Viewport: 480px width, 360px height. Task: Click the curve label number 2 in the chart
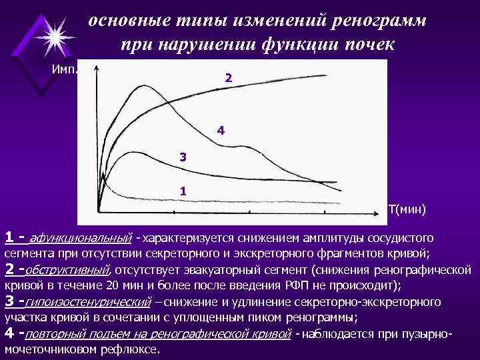coord(229,78)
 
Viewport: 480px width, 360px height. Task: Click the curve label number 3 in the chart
coord(183,157)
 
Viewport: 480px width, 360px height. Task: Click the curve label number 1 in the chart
coord(183,191)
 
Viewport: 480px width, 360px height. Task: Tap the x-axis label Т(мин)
coord(407,210)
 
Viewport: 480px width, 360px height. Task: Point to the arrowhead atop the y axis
coord(98,67)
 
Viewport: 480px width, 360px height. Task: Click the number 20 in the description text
coord(111,285)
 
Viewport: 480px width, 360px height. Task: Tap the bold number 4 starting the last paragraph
coord(9,332)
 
